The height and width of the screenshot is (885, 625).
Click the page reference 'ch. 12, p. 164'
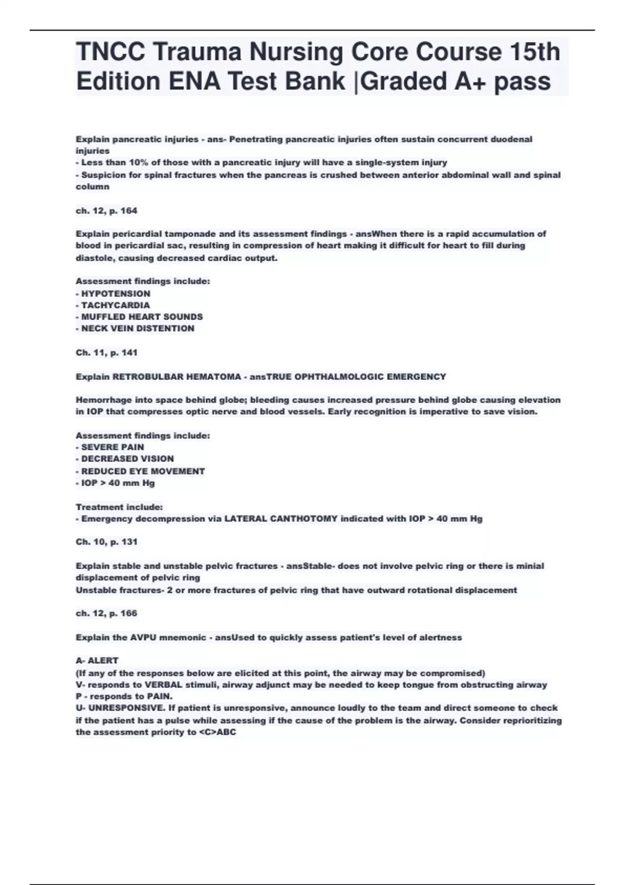pyautogui.click(x=106, y=211)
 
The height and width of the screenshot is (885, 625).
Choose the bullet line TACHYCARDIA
pyautogui.click(x=113, y=305)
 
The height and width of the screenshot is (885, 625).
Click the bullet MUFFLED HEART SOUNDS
pyautogui.click(x=140, y=317)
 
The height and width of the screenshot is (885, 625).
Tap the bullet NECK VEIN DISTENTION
pyautogui.click(x=135, y=328)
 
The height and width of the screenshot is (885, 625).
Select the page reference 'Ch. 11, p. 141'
pyautogui.click(x=107, y=352)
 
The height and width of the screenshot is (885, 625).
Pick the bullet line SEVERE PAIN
pyautogui.click(x=110, y=447)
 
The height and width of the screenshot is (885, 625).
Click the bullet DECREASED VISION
pyautogui.click(x=125, y=459)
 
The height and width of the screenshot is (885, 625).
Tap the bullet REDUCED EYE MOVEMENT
pyautogui.click(x=141, y=471)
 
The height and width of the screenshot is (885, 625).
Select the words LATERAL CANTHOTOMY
pyautogui.click(x=281, y=519)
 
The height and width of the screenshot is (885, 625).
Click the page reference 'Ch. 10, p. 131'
pyautogui.click(x=107, y=541)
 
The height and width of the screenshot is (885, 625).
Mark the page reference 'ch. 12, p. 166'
pyautogui.click(x=106, y=613)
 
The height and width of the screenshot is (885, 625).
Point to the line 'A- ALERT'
pyautogui.click(x=97, y=661)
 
